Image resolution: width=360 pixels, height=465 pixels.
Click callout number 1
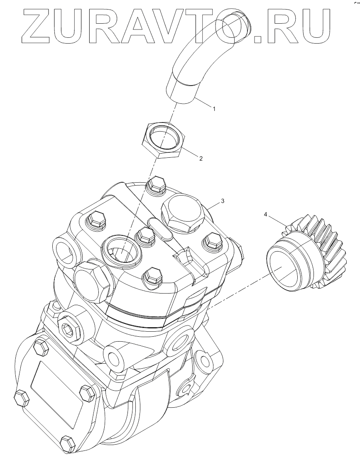(x=214, y=109)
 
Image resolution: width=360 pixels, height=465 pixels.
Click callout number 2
(x=201, y=159)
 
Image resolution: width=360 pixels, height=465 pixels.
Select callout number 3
(x=223, y=201)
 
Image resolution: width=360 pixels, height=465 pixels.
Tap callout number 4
(x=265, y=214)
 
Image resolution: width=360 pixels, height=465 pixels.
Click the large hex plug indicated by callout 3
(x=183, y=213)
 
